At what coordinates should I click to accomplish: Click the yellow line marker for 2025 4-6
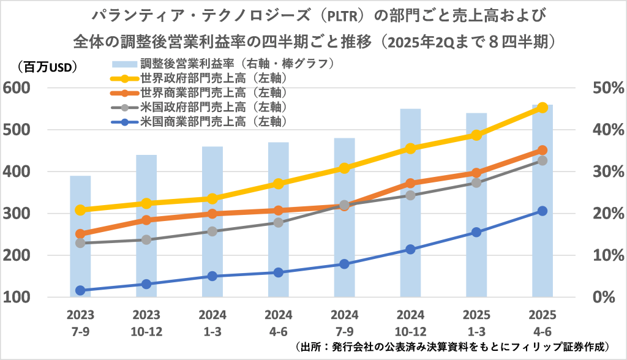542,108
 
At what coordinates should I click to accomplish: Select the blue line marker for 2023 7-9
80,290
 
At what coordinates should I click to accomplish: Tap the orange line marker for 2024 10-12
410,183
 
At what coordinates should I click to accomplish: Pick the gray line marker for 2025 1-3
476,182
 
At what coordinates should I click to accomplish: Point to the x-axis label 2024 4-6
279,323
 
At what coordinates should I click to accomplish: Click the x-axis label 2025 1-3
476,323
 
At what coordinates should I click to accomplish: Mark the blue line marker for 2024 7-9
344,264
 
